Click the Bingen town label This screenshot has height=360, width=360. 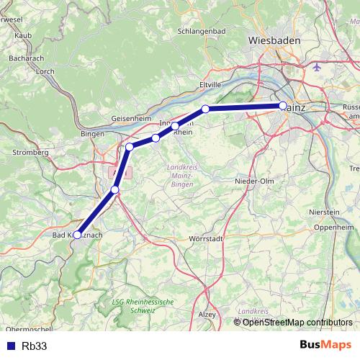(x=92, y=134)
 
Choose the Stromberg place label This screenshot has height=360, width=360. (x=30, y=153)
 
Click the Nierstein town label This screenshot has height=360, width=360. (x=323, y=212)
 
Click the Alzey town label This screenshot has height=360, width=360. (x=208, y=315)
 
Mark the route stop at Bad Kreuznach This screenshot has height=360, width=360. (x=77, y=235)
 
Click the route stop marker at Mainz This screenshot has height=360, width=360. (x=283, y=106)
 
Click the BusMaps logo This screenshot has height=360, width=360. (x=325, y=345)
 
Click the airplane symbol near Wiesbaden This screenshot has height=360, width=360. (x=319, y=66)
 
